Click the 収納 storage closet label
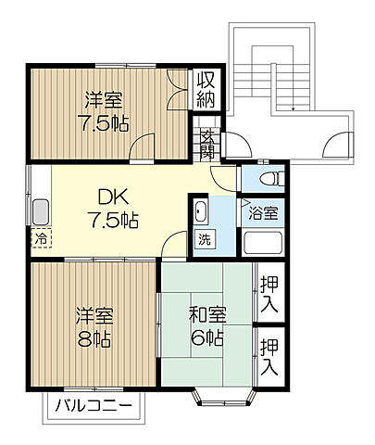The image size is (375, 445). tap(205, 89)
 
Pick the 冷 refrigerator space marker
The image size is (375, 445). tap(41, 239)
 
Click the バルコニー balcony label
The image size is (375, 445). tap(93, 405)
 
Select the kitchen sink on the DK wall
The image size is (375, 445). tap(42, 210)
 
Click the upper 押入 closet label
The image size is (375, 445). tap(269, 293)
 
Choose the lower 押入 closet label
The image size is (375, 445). tap(269, 356)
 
